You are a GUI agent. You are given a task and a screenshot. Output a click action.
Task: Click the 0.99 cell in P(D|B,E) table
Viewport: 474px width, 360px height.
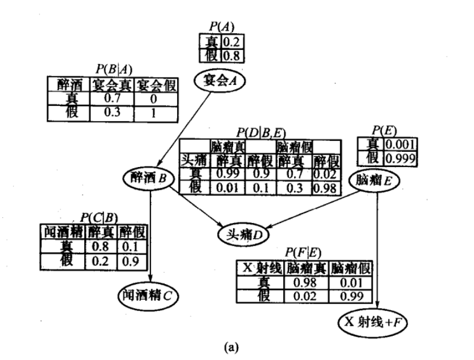tap(226, 175)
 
